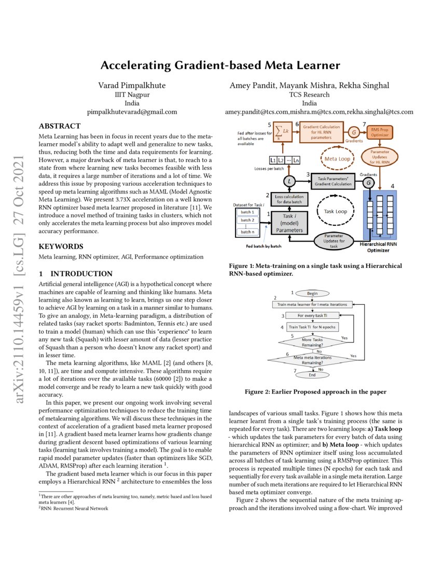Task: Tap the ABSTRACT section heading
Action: (60, 126)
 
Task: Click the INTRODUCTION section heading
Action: (76, 274)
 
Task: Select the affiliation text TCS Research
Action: (309, 94)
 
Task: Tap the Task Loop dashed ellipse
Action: (335, 212)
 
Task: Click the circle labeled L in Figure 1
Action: (290, 181)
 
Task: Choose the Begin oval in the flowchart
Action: (312, 293)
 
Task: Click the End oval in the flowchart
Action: (312, 374)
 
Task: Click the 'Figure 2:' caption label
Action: (260, 391)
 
